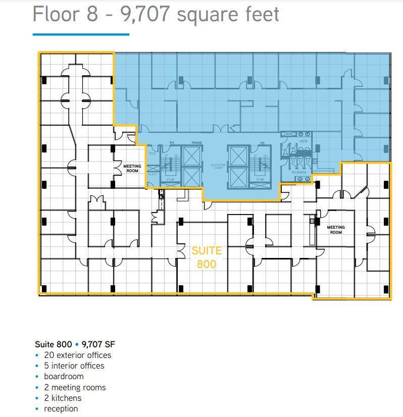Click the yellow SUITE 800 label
pyautogui.click(x=207, y=257)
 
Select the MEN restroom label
pyautogui.click(x=303, y=141)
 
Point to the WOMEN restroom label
pyautogui.click(x=298, y=173)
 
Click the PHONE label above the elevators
pyautogui.click(x=197, y=143)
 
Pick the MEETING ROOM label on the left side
pyautogui.click(x=132, y=168)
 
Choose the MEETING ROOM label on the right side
pyautogui.click(x=336, y=230)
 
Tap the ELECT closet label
pyautogui.click(x=153, y=175)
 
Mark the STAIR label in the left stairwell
pyautogui.click(x=170, y=179)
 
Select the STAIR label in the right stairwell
pyautogui.click(x=260, y=179)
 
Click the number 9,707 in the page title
pyautogui.click(x=145, y=14)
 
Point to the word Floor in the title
pyautogui.click(x=57, y=14)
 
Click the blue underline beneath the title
pyautogui.click(x=81, y=34)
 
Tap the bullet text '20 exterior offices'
pyautogui.click(x=77, y=355)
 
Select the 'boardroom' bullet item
pyautogui.click(x=64, y=376)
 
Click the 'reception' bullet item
pyautogui.click(x=61, y=408)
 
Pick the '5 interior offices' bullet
pyautogui.click(x=74, y=366)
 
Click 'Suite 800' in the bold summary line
pyautogui.click(x=53, y=344)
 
